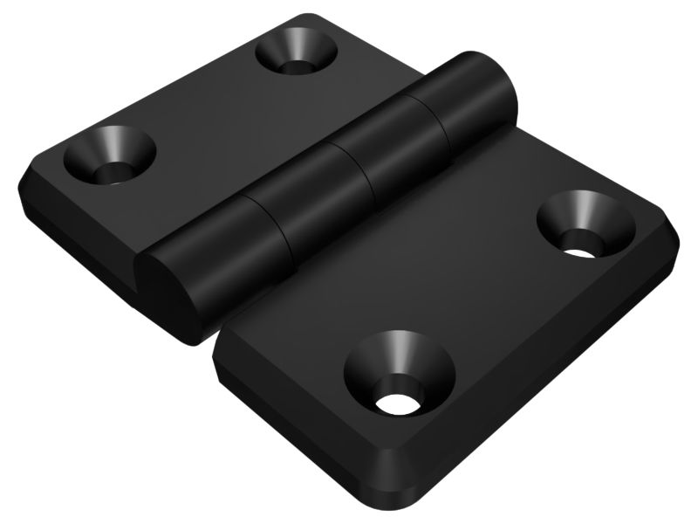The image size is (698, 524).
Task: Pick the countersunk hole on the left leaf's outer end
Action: coord(110,154)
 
